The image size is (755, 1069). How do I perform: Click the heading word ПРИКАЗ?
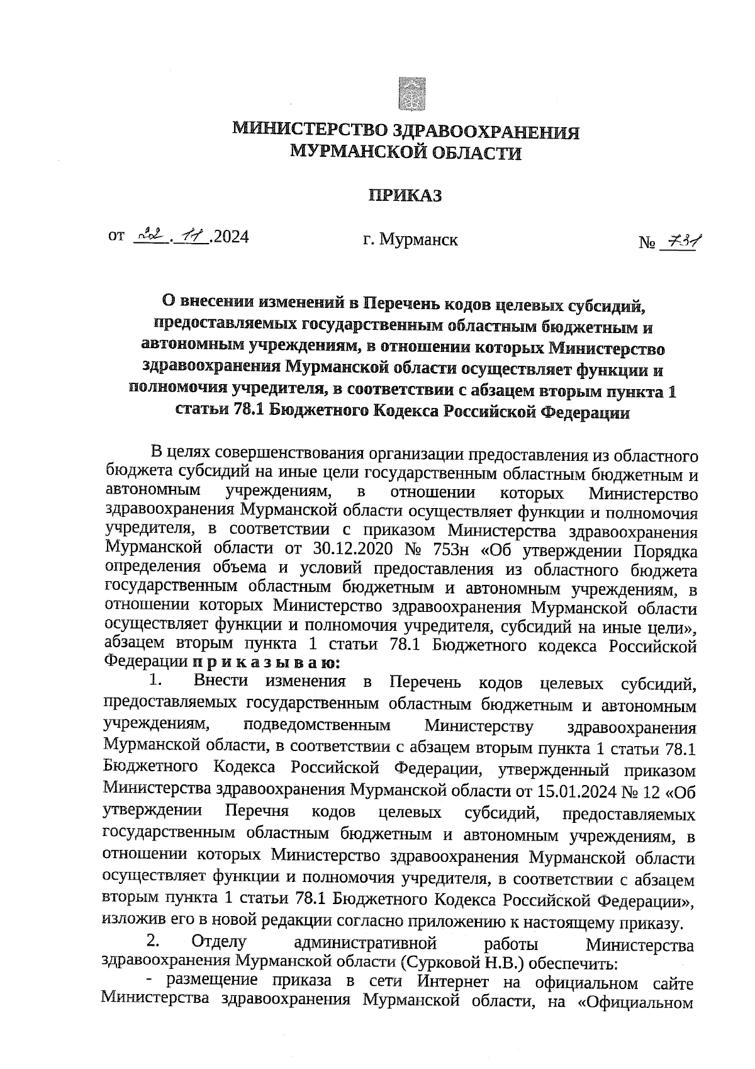[x=405, y=196]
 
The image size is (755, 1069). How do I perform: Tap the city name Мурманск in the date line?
[x=410, y=240]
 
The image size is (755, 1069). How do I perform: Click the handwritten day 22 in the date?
[x=152, y=237]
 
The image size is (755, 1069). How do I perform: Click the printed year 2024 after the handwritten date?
[x=232, y=237]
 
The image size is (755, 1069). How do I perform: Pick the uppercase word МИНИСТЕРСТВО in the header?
[x=309, y=131]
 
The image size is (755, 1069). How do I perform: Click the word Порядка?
[x=665, y=552]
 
